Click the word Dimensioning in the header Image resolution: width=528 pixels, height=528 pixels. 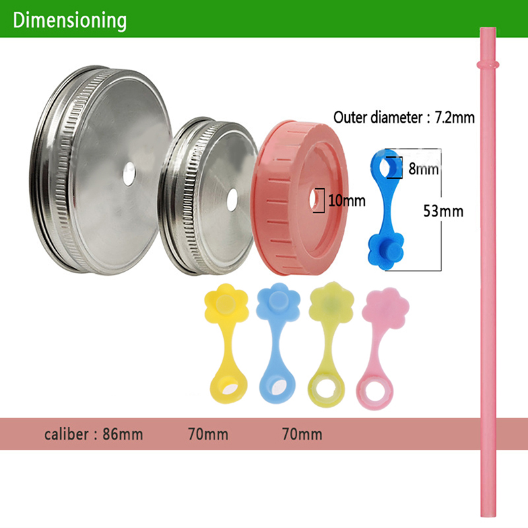pyautogui.click(x=69, y=20)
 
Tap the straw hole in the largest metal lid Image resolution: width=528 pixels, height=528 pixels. pyautogui.click(x=129, y=173)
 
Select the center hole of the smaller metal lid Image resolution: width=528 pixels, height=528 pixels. pyautogui.click(x=232, y=196)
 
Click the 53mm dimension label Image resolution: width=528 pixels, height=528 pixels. pyautogui.click(x=443, y=211)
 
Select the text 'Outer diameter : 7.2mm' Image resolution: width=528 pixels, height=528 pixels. pyautogui.click(x=405, y=118)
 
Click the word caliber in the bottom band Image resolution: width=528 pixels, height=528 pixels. pyautogui.click(x=69, y=434)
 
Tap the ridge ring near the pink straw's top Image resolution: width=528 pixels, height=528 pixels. pyautogui.click(x=488, y=65)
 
